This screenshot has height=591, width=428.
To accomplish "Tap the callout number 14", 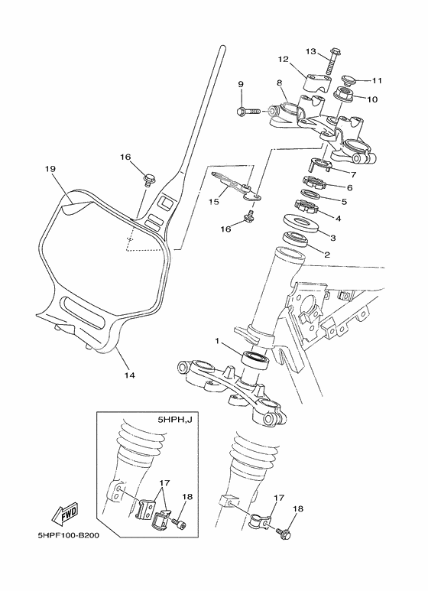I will (129, 375).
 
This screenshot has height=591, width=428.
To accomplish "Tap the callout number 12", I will (282, 58).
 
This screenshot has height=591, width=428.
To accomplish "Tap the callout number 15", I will (214, 202).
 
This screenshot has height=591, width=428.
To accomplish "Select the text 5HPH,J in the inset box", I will (174, 420).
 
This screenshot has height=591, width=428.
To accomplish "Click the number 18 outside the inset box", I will (298, 508).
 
